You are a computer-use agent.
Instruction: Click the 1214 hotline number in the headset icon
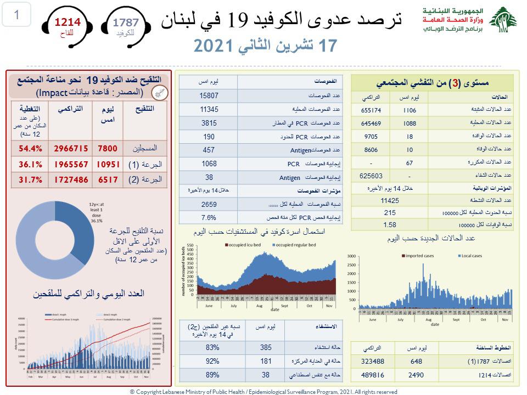pos(66,23)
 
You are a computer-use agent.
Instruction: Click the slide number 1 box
pos(16,15)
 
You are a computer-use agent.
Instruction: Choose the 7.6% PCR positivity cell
pos(209,217)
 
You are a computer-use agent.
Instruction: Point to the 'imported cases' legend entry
pos(421,256)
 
